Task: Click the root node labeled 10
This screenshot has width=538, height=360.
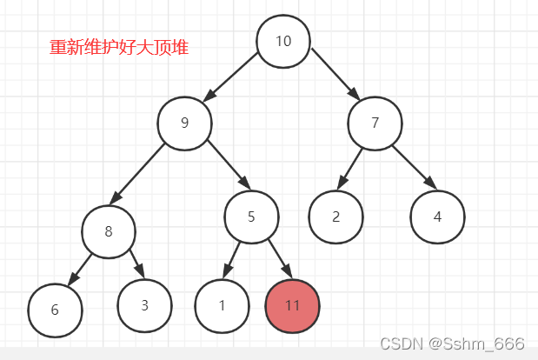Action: pos(283,42)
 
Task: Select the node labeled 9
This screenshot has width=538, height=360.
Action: pos(184,123)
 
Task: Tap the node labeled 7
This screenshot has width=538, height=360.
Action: pos(375,123)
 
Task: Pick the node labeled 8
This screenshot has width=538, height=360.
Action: pos(109,231)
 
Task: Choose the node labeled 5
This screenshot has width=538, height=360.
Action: pos(251,217)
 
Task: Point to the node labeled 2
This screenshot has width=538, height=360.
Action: pos(335,217)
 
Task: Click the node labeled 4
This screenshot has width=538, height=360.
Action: pos(437,217)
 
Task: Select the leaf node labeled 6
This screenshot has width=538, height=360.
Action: pos(55,310)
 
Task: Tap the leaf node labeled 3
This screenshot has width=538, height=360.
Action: pos(144,304)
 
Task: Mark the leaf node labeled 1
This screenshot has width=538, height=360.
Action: pos(222,306)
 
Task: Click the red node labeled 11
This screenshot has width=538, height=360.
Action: pos(293,306)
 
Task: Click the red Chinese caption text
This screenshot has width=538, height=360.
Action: pos(119,48)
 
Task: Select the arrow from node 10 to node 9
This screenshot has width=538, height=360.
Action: pos(230,79)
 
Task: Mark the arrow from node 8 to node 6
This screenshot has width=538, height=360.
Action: pos(81,268)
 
